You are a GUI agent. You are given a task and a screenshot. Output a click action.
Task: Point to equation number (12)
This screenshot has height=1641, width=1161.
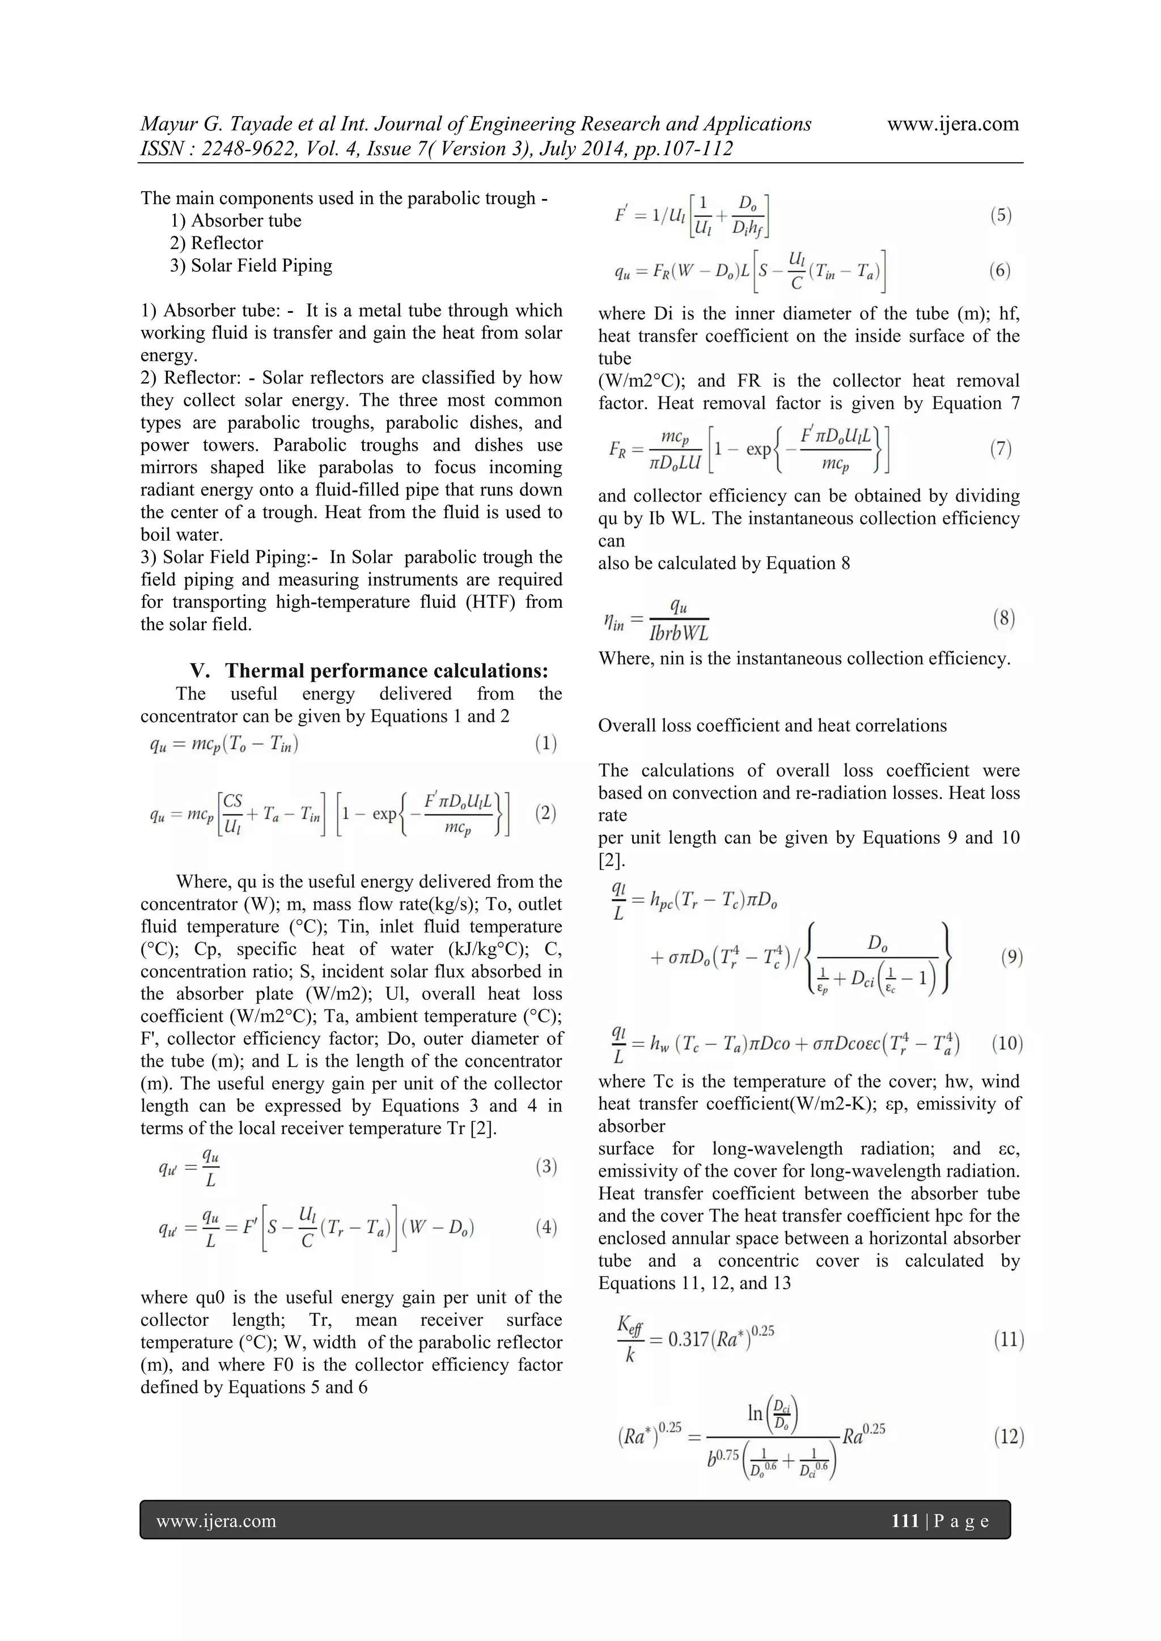[x=1009, y=1436]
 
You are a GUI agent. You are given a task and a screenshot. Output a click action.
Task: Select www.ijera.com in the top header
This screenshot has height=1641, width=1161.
[x=953, y=124]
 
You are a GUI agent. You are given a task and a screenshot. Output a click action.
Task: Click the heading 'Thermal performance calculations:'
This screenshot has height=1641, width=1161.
[x=387, y=671]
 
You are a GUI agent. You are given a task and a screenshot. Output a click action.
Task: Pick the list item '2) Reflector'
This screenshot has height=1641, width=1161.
[x=217, y=243]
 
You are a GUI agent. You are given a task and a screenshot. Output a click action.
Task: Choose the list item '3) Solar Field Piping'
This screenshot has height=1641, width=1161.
[x=251, y=265]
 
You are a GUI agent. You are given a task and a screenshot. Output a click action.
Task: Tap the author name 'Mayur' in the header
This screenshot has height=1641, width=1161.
[x=168, y=124]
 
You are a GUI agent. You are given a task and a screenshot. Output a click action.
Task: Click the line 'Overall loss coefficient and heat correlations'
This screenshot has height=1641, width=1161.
[x=772, y=726]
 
